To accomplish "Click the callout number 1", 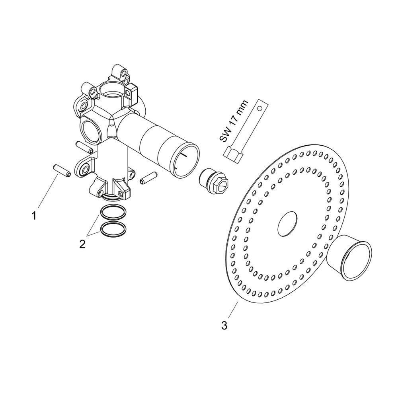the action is [34, 216].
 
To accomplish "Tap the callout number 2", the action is [82, 244].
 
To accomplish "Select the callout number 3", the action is [224, 325].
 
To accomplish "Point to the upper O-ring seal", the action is [113, 211].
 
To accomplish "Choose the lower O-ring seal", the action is [113, 228].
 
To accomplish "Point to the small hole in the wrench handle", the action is [259, 108].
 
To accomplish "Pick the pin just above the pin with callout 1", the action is [84, 147].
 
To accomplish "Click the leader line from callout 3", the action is [233, 310].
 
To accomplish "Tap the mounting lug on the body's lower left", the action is [83, 167].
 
